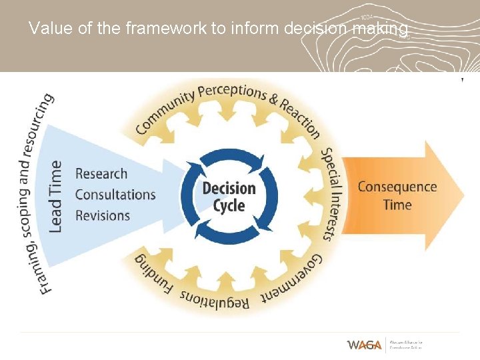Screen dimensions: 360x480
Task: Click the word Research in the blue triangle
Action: (x=101, y=174)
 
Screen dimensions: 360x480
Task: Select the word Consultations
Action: (x=115, y=195)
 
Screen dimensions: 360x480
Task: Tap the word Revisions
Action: (x=102, y=215)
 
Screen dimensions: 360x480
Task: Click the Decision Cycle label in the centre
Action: (x=229, y=196)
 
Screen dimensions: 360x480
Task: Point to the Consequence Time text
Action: (x=397, y=195)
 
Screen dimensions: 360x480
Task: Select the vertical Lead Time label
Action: (x=57, y=196)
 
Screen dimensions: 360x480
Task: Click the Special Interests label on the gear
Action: (x=331, y=193)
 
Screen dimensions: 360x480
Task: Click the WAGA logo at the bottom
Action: (x=364, y=345)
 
